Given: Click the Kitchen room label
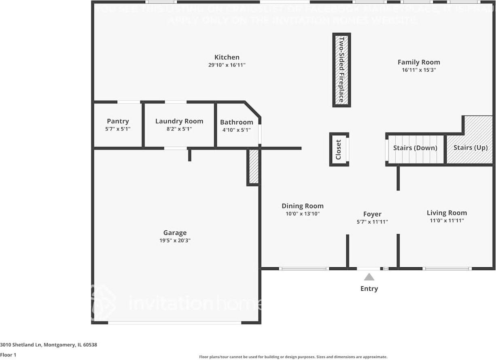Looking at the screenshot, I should (x=227, y=58).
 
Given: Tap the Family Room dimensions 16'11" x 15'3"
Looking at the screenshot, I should (x=419, y=70).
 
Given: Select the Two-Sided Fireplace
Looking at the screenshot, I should (x=341, y=70).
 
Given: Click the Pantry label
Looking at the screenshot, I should (x=118, y=121).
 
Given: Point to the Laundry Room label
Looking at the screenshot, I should (x=179, y=121).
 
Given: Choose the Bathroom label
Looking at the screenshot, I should (x=237, y=122).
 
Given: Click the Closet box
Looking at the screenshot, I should (x=339, y=149).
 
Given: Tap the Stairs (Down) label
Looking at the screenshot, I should (x=415, y=148).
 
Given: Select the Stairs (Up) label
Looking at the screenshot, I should (x=470, y=148).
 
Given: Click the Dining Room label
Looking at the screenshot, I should (x=303, y=206).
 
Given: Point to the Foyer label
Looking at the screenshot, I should (x=372, y=214).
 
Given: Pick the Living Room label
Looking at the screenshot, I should (x=447, y=213).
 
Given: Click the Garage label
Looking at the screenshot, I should (x=175, y=233).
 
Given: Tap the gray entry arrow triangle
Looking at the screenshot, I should (x=369, y=277).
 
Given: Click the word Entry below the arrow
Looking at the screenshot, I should (x=369, y=289).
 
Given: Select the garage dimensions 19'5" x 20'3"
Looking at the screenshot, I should (x=175, y=241).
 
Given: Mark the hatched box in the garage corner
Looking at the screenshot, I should (x=253, y=166).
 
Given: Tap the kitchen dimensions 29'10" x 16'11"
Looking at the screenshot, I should (x=227, y=65).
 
